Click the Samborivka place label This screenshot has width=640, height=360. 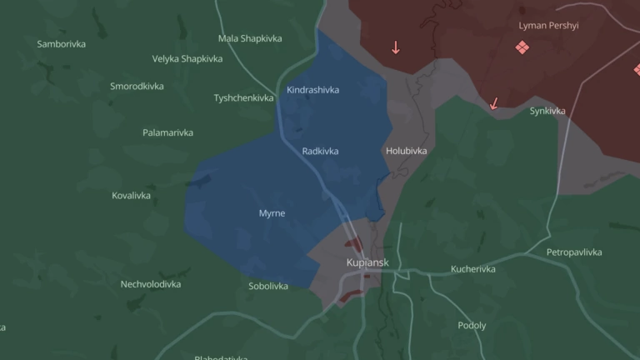62,43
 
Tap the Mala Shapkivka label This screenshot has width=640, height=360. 250,38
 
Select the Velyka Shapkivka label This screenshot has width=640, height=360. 187,59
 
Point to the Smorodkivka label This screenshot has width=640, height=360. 137,87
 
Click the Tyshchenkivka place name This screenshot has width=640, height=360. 243,98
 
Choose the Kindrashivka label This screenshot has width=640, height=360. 312,90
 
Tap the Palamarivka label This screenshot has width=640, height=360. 167,132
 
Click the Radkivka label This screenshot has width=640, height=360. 321,152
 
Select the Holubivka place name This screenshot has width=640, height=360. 407,152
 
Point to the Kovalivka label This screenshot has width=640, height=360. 131,196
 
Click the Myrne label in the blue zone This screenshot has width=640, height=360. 272,213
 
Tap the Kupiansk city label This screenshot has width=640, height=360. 367,263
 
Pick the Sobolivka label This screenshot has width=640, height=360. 268,287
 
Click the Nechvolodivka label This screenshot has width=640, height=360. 151,284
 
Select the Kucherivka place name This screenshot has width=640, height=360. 473,269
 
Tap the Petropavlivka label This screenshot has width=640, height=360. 574,252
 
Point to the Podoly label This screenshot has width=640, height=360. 472,326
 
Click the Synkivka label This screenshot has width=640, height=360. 547,111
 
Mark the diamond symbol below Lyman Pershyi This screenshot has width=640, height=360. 522,47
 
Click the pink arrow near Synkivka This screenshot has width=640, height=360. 494,103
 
